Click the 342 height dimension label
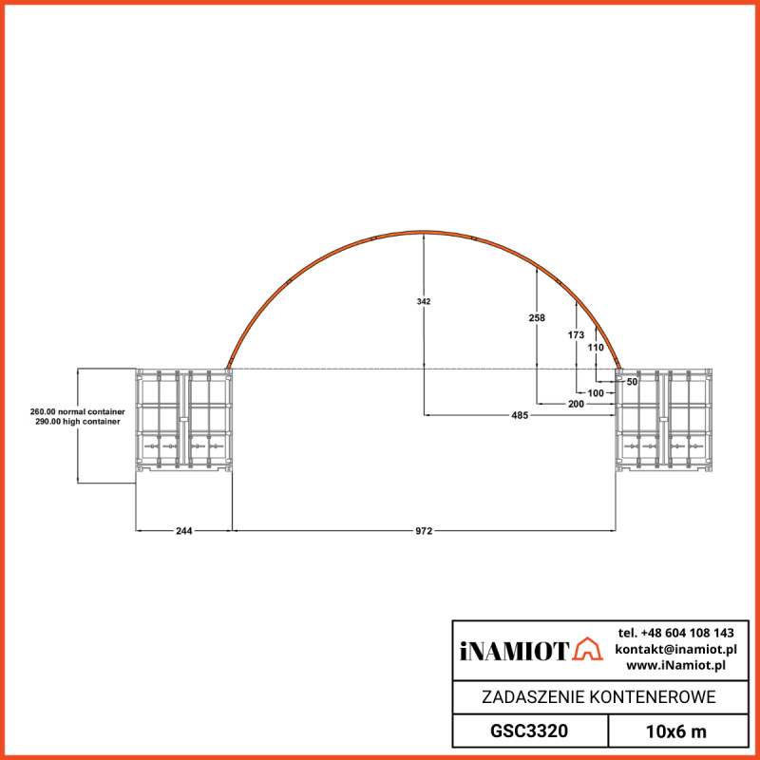424,301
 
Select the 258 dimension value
537,318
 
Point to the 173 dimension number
576,335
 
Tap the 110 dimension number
596,348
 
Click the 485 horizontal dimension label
520,415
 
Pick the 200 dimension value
576,404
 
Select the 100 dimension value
596,392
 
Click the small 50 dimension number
632,381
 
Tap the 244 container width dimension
184,531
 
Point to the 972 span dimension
424,531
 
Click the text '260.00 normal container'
78,412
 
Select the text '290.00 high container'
78,422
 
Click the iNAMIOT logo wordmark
514,651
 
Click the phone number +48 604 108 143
675,633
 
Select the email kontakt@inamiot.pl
675,649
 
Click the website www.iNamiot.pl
675,665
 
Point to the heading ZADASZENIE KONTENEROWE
598,697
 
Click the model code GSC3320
529,731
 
